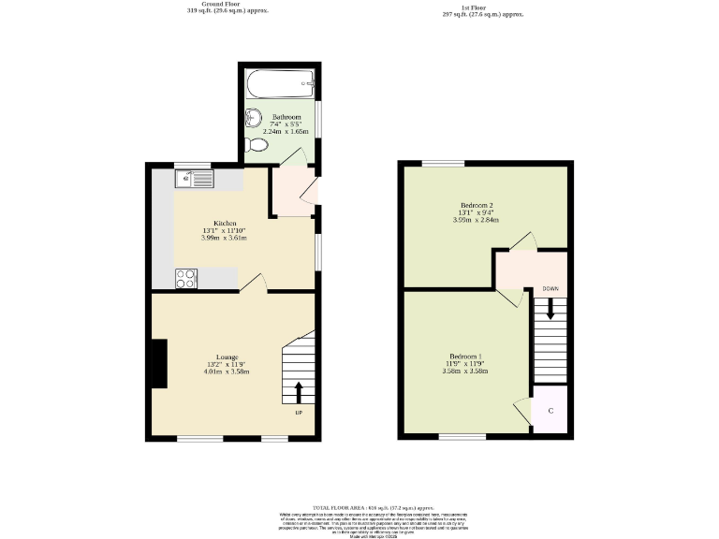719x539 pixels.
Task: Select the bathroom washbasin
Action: [x=252, y=118]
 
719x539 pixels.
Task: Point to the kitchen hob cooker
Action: [x=186, y=277]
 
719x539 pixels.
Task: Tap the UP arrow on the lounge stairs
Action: [x=299, y=392]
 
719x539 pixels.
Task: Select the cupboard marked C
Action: [x=550, y=411]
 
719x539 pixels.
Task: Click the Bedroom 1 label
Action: [x=465, y=357]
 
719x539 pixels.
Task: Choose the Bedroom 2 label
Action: [x=477, y=205]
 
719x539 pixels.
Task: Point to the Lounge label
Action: [x=227, y=357]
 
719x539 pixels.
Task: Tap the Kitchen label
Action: [x=225, y=223]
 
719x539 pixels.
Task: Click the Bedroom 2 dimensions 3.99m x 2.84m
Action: [x=477, y=220]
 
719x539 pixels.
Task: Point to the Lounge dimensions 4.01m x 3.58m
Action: [x=227, y=371]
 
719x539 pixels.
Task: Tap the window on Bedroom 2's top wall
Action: [x=442, y=164]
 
